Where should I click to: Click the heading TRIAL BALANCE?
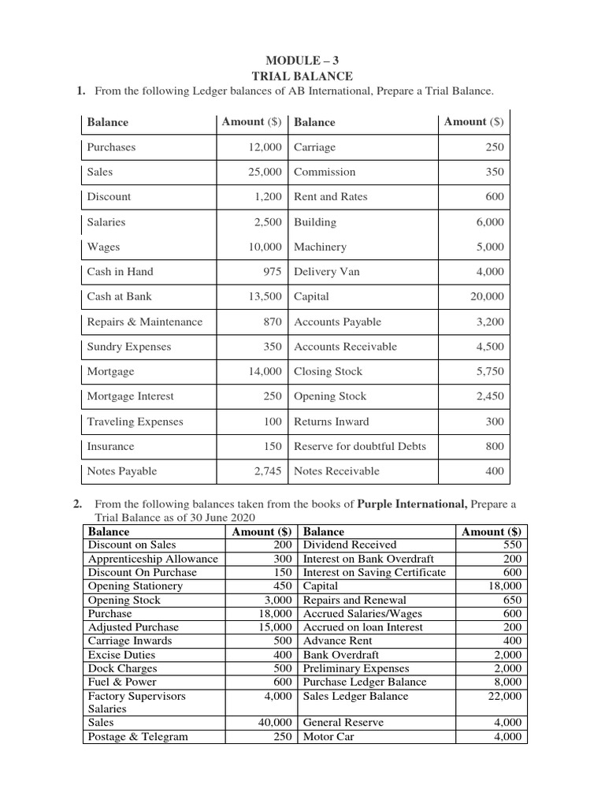point(302,76)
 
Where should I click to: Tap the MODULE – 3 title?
point(302,61)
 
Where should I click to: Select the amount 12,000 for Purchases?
point(262,147)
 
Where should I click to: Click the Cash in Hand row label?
point(120,272)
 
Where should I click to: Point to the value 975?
point(272,272)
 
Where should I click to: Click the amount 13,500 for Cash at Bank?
point(262,297)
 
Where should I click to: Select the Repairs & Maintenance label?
point(144,322)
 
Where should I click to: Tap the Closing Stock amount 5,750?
point(489,372)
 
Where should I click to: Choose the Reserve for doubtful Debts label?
point(359,447)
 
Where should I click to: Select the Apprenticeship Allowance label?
point(153,559)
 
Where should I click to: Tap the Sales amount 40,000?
point(275,722)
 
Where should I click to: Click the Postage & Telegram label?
point(138,736)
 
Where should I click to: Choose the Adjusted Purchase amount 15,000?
point(275,627)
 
